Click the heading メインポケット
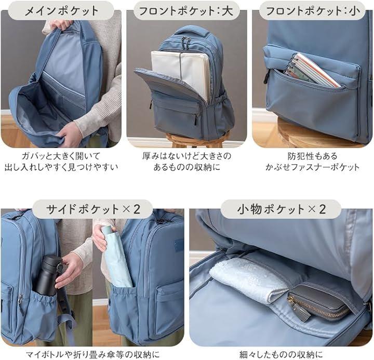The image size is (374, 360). (x=61, y=11)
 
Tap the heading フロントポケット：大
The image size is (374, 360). (x=186, y=11)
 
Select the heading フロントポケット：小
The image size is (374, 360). (x=313, y=11)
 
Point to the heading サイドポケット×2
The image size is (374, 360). (x=93, y=209)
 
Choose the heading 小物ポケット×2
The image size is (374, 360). (x=281, y=209)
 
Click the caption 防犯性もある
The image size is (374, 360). (x=313, y=156)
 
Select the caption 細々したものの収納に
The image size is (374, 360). (x=281, y=354)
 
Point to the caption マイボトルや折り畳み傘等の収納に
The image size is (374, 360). (x=93, y=354)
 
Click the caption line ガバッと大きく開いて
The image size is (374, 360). (x=61, y=156)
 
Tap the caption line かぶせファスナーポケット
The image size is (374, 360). (x=313, y=167)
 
